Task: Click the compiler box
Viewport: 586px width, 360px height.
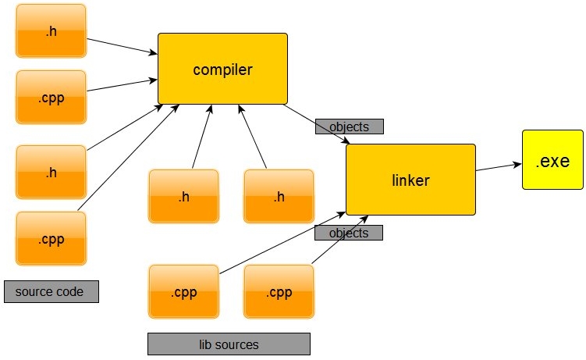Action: pos(222,70)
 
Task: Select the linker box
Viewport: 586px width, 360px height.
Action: pos(410,180)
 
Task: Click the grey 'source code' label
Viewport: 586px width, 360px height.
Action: pos(51,291)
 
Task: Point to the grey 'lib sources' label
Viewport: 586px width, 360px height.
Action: pos(229,344)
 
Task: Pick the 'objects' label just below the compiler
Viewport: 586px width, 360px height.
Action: pos(348,127)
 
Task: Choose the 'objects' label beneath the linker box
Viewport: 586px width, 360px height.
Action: pos(348,233)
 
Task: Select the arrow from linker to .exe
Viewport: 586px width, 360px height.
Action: pos(499,167)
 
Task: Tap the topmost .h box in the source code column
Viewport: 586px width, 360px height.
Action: pos(51,30)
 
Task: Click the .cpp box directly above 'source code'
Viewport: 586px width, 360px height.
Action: pos(51,238)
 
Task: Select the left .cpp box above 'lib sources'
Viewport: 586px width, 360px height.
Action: pos(183,292)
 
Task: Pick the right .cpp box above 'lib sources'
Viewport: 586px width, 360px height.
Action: pos(279,292)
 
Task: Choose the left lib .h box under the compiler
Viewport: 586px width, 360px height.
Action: pos(183,196)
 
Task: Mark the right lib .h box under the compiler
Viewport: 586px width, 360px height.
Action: pos(279,196)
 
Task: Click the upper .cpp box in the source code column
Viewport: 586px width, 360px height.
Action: pos(51,97)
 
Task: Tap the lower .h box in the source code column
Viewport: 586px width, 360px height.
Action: pos(51,172)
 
